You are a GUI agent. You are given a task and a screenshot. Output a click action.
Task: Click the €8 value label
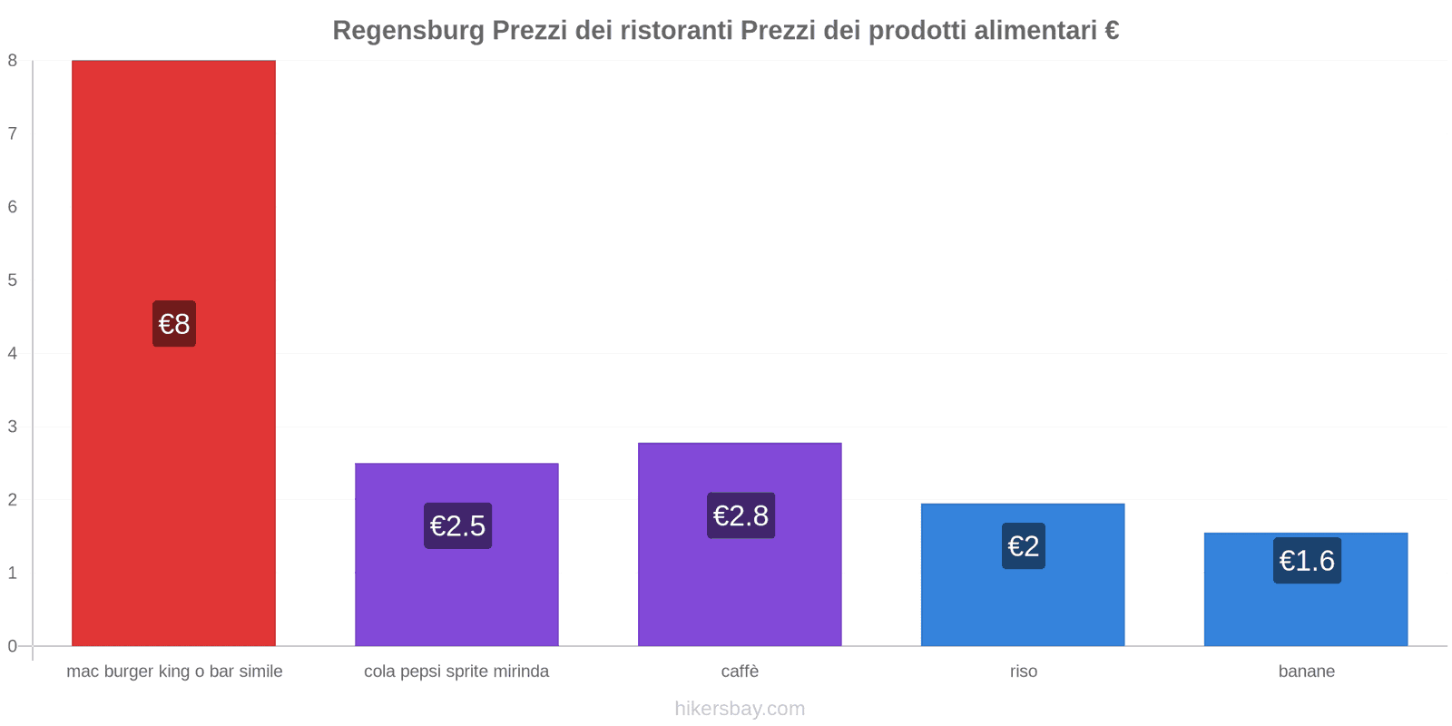(174, 324)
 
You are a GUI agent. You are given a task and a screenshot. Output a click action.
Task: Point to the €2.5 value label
(457, 525)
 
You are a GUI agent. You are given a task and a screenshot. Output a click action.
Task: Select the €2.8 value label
(741, 515)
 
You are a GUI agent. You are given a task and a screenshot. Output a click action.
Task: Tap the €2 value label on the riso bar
(1024, 546)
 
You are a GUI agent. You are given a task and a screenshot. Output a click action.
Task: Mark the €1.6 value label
(1307, 561)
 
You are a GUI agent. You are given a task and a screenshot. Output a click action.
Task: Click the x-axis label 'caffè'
(740, 672)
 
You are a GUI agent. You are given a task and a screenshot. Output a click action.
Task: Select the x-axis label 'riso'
(1024, 672)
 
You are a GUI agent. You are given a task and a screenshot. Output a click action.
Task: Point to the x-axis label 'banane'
(1307, 672)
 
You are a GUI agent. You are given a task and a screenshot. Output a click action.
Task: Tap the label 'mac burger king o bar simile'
(174, 672)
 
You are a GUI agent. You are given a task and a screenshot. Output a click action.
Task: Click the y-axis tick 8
(13, 61)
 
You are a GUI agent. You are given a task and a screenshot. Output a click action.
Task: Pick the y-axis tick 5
(13, 280)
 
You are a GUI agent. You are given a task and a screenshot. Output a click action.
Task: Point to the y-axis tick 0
(13, 646)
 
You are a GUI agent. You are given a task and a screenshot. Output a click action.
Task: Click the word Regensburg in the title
(408, 31)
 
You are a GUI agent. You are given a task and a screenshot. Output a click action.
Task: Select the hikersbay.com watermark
(740, 709)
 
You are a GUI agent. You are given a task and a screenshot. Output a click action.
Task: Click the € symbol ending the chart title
(1112, 31)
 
